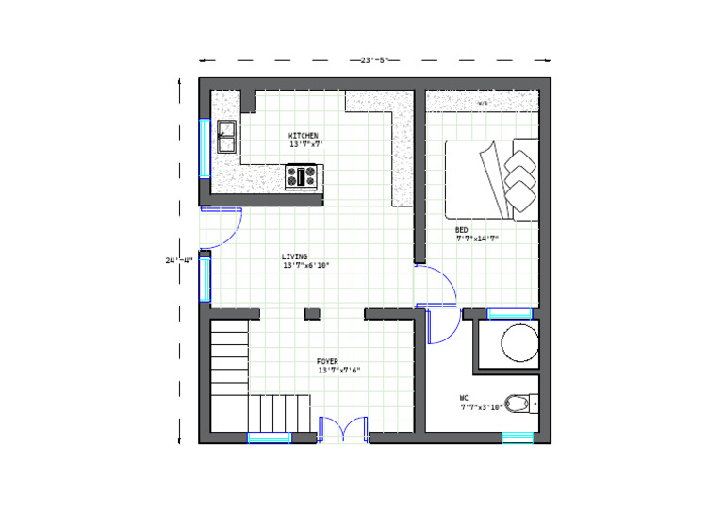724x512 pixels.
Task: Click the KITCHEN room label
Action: [x=303, y=136]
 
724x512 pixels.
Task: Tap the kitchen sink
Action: [x=226, y=137]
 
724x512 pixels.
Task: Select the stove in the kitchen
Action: [x=304, y=174]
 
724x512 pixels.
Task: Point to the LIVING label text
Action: [x=294, y=256]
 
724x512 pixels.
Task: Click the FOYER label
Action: [x=327, y=360]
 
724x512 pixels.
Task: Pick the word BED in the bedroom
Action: [x=461, y=230]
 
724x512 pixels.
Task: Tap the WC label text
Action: [x=465, y=398]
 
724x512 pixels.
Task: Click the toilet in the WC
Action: [x=518, y=404]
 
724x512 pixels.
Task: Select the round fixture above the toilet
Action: [x=518, y=343]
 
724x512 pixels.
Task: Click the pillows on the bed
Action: [x=519, y=173]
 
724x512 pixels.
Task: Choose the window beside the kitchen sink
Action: [x=204, y=147]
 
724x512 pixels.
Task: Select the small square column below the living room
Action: [x=312, y=313]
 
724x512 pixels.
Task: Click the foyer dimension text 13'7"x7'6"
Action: [x=338, y=370]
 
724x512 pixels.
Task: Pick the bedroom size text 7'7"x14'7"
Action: [x=476, y=239]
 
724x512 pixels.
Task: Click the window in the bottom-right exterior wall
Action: [x=518, y=438]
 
